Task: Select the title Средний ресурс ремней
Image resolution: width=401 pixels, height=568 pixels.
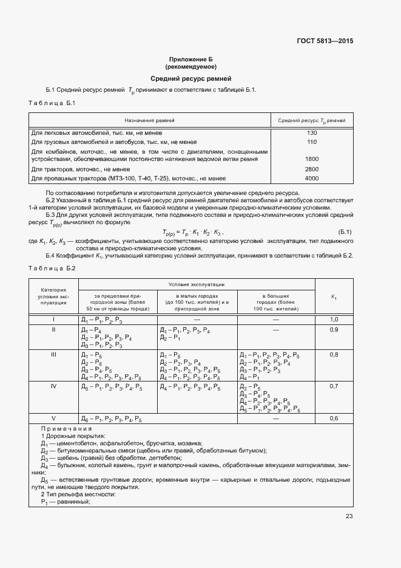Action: [x=190, y=78]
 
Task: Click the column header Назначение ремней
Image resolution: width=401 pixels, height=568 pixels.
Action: [x=149, y=121]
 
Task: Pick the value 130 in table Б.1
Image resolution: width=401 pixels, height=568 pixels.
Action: [x=312, y=132]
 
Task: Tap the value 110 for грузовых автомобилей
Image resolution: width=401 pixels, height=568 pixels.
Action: [x=312, y=142]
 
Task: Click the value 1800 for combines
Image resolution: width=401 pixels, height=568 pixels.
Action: [x=312, y=159]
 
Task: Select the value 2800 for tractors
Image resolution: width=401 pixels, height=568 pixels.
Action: [x=312, y=169]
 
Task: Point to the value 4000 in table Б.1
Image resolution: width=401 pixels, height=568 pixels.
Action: [x=312, y=179]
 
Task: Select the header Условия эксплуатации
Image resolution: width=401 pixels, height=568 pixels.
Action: [x=197, y=284]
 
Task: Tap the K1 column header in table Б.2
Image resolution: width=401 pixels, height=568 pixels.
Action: [x=334, y=296]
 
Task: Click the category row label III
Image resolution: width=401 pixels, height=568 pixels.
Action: [x=53, y=354]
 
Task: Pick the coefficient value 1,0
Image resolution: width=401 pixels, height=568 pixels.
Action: [x=334, y=320]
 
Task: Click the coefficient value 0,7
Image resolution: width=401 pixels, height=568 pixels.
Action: [x=334, y=386]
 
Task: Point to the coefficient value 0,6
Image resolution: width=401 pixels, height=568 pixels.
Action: [x=334, y=436]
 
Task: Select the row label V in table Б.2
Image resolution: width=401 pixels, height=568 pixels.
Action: [x=53, y=436]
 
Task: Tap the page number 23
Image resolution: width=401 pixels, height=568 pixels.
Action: [x=349, y=516]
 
